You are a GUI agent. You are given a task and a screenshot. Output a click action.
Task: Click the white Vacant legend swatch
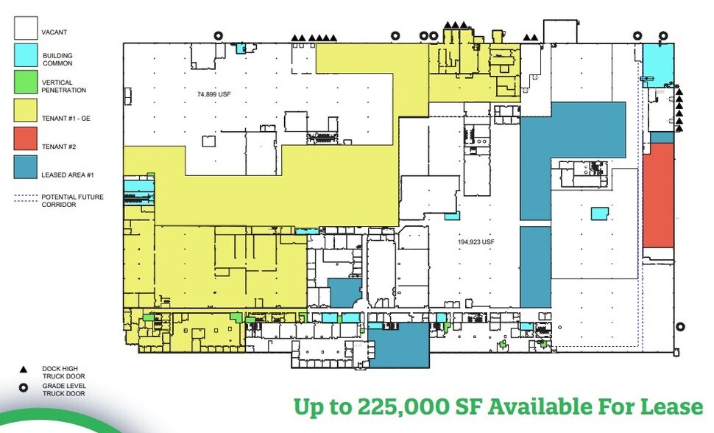click(26, 27)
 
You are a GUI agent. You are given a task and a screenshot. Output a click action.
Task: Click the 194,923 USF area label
click(473, 241)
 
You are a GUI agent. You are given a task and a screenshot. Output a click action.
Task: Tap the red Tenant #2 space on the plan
click(658, 195)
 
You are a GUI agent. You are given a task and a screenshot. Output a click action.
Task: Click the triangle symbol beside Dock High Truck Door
click(24, 368)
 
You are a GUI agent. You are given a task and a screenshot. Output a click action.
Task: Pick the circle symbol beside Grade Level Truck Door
click(24, 388)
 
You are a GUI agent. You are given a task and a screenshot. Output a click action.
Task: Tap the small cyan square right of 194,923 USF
click(600, 213)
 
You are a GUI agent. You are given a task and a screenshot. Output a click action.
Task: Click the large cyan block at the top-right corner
click(658, 64)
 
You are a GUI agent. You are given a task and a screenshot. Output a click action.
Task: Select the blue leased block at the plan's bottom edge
click(398, 345)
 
